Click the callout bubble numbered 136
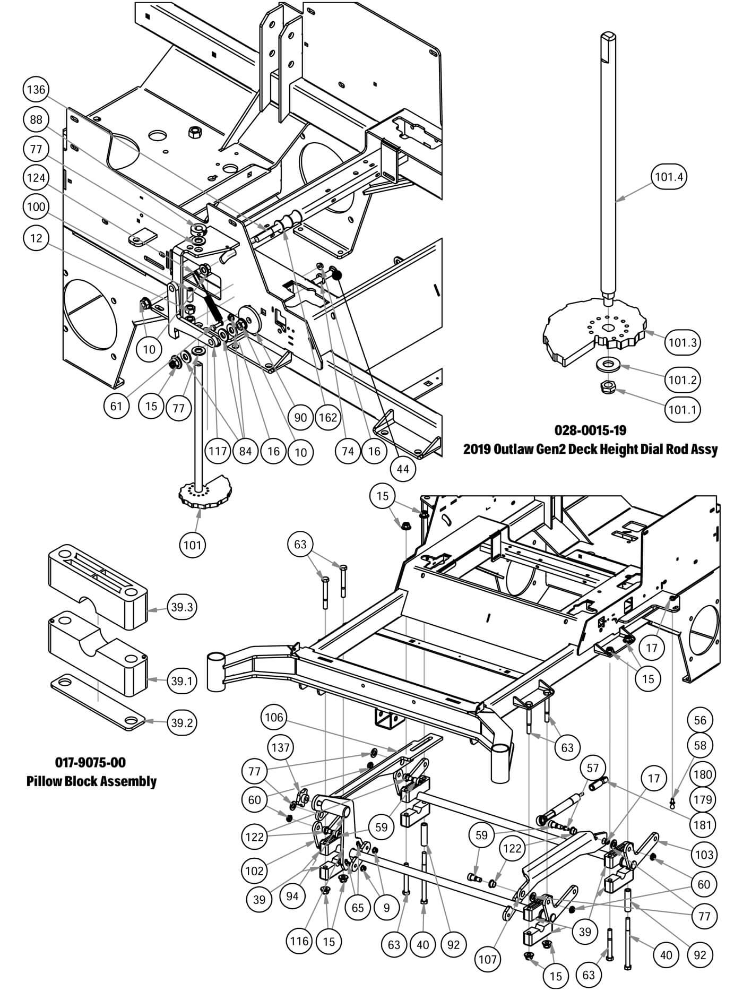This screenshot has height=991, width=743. pyautogui.click(x=36, y=90)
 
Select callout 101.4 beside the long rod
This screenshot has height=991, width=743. pyautogui.click(x=668, y=177)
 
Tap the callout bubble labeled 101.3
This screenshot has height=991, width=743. pyautogui.click(x=682, y=342)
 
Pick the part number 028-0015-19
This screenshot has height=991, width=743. pyautogui.click(x=590, y=429)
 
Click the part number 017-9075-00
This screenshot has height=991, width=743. pyautogui.click(x=91, y=762)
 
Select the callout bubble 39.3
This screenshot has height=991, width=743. pyautogui.click(x=182, y=607)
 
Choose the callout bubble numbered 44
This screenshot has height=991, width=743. pyautogui.click(x=403, y=470)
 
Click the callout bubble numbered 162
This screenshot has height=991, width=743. pyautogui.click(x=328, y=418)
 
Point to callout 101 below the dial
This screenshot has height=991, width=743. pyautogui.click(x=192, y=545)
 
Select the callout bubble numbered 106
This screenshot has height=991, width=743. pyautogui.click(x=274, y=718)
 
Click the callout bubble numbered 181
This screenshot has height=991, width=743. pyautogui.click(x=703, y=825)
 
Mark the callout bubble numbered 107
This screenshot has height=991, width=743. pyautogui.click(x=487, y=959)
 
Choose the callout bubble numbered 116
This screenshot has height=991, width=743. pyautogui.click(x=299, y=941)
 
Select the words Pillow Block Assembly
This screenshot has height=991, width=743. pyautogui.click(x=91, y=781)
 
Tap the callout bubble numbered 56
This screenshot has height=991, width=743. pyautogui.click(x=701, y=720)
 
